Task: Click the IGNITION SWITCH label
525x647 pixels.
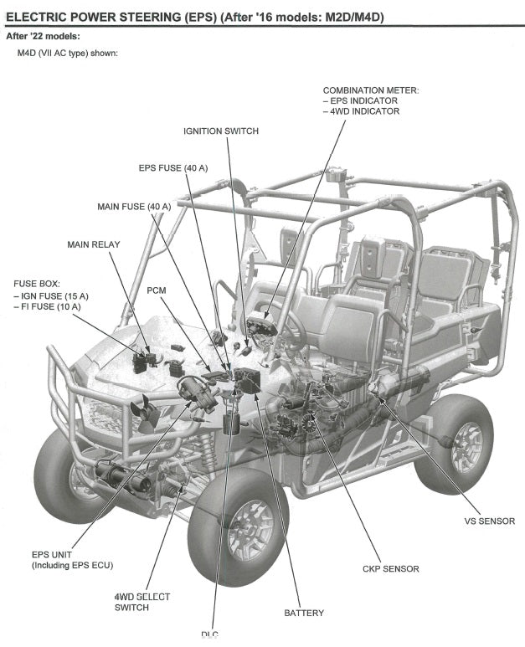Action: coord(221,131)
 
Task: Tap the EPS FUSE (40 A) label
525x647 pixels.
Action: coord(173,168)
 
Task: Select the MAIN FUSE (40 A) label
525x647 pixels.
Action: coord(134,206)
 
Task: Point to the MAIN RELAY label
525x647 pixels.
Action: coord(94,244)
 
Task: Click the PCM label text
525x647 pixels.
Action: coord(157,290)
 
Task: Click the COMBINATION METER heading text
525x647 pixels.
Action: coord(371,90)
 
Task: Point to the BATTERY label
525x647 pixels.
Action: coord(304,613)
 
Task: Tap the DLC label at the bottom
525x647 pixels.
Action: coord(210,634)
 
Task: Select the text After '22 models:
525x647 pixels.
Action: coord(43,36)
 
